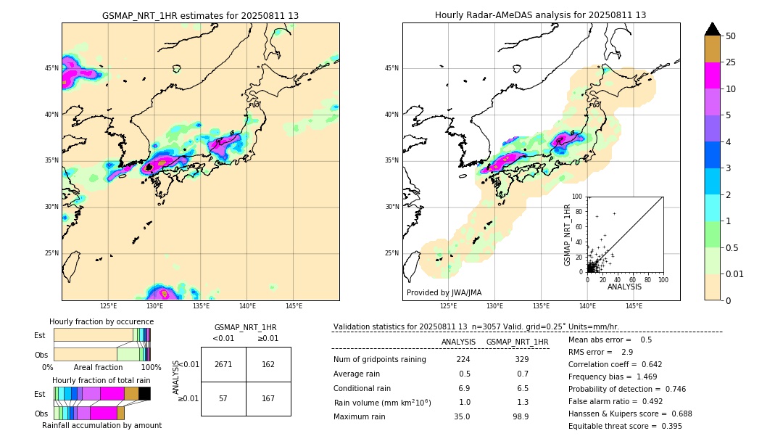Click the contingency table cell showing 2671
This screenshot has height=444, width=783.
(223, 364)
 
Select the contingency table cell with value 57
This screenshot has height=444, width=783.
(223, 398)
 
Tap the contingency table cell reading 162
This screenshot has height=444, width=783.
(268, 364)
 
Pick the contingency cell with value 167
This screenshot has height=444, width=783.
(268, 398)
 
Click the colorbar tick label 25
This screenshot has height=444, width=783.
(731, 62)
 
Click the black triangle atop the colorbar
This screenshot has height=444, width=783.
(713, 29)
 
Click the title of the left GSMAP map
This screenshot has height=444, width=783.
(200, 15)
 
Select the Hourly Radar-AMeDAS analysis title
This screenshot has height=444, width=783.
(540, 15)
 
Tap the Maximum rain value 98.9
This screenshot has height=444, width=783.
(520, 416)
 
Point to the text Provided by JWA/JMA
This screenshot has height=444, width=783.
(444, 292)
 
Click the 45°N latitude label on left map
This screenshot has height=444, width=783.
(51, 68)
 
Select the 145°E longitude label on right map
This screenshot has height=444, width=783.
(634, 306)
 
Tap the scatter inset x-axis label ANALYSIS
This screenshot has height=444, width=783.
(624, 287)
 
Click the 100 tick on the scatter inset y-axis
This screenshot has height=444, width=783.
(578, 197)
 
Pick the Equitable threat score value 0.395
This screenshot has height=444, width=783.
(668, 426)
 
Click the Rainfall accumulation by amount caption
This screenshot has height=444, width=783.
(107, 425)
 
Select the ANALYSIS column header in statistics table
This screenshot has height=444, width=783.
(458, 342)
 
